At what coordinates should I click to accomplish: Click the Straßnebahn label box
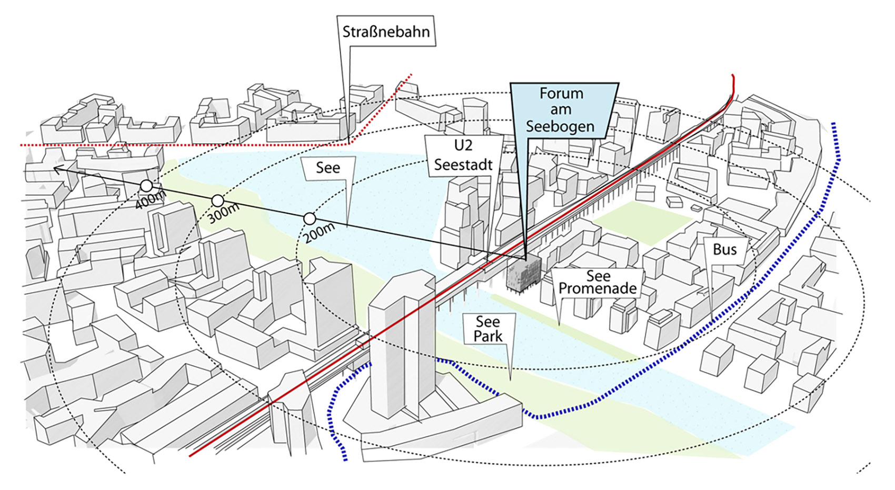386,31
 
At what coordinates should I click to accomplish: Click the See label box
328,168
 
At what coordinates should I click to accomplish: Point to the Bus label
725,250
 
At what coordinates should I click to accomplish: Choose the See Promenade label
598,282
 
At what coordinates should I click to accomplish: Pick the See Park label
488,329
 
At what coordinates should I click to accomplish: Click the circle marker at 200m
310,219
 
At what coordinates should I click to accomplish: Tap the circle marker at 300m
217,201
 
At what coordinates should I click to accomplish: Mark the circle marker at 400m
147,186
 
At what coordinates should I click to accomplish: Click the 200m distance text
319,233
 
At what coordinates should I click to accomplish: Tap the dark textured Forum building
523,274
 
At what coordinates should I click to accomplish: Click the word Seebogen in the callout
560,127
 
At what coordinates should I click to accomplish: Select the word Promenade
598,289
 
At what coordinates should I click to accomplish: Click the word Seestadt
463,165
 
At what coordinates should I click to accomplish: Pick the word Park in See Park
488,337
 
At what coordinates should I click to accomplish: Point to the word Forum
561,94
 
